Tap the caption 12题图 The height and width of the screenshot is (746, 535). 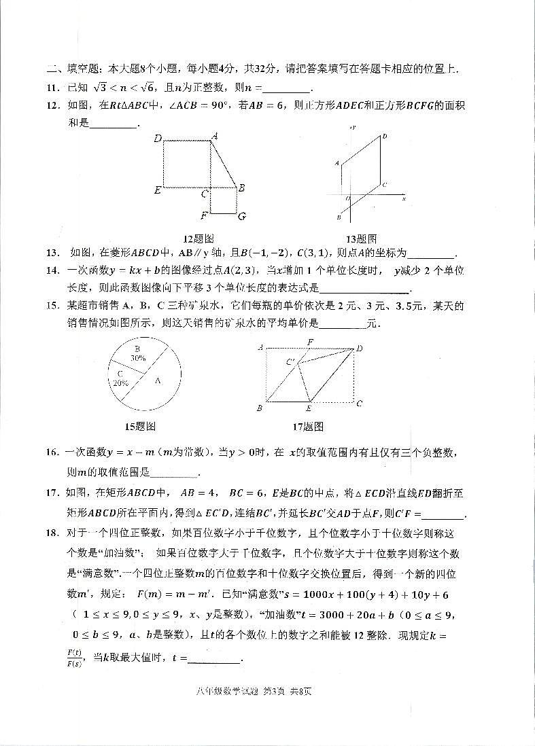199,238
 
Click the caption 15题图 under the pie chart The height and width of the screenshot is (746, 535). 141,426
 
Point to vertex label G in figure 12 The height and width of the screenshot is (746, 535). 241,217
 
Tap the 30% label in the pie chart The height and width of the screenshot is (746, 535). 139,357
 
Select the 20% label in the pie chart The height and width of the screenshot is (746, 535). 121,383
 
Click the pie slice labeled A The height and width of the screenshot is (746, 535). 157,381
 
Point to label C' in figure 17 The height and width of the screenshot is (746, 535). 291,362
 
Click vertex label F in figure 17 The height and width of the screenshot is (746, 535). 310,342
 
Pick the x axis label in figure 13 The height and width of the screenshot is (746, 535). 404,198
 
